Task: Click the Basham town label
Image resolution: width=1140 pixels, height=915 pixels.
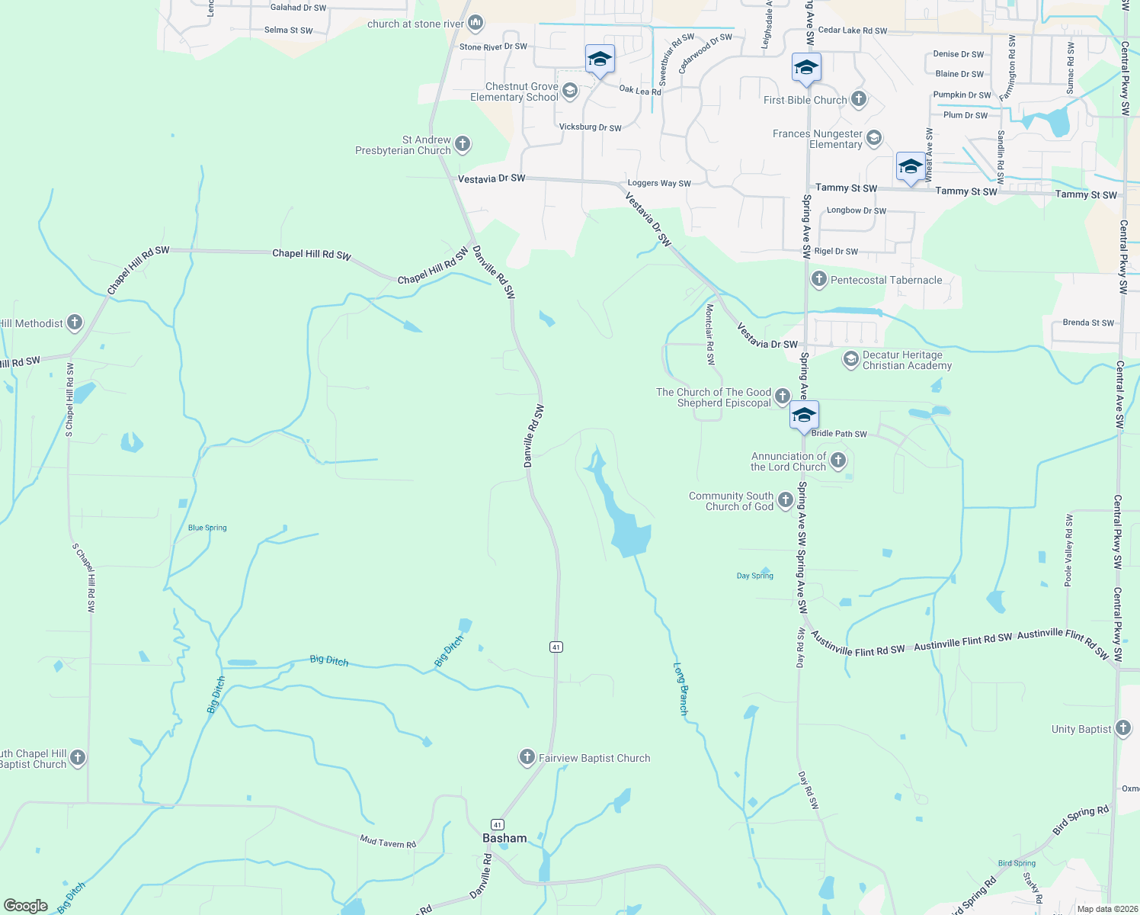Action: coord(504,838)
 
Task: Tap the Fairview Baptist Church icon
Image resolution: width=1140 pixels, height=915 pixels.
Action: coord(527,757)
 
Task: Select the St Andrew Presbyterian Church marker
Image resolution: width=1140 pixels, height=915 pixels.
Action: coord(462,144)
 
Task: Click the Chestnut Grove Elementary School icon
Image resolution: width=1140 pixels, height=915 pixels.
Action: coord(569,92)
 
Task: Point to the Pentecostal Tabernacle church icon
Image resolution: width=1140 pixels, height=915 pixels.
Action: coord(819,279)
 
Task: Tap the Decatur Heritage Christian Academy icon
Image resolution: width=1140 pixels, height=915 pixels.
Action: coord(851,359)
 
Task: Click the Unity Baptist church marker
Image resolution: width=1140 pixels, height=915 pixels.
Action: coord(1123,728)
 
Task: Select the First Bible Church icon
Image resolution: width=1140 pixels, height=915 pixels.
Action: coord(859,99)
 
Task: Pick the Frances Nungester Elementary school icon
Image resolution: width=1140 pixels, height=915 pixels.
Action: coord(874,138)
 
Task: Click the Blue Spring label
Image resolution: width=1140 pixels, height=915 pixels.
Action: coord(207,528)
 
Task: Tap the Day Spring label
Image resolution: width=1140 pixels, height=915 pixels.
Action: coord(755,576)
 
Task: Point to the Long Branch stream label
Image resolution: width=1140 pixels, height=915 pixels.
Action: coord(681,689)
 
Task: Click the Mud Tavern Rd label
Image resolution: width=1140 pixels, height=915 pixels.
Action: coord(388,842)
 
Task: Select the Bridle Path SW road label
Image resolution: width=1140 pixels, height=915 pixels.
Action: coord(839,434)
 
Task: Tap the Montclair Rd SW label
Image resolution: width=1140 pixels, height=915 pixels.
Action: coord(710,335)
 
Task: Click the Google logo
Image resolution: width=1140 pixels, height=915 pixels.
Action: coord(26,906)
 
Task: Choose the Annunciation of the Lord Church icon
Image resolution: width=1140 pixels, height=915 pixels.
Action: coord(838,460)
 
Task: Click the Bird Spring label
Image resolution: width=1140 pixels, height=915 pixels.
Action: coord(1017,863)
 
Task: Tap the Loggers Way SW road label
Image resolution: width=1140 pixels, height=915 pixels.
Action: coord(659,183)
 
